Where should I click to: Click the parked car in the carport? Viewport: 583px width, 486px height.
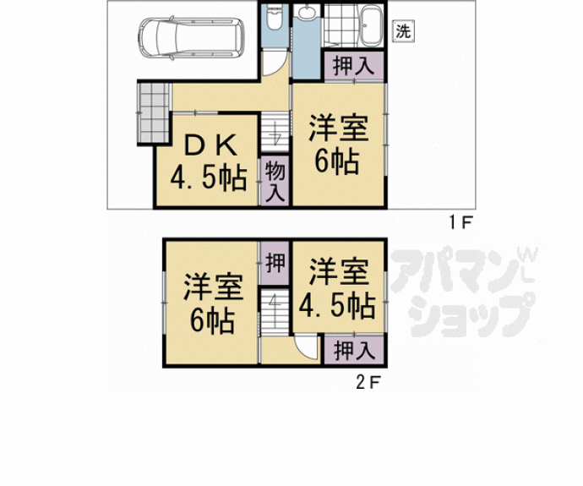pos(191,36)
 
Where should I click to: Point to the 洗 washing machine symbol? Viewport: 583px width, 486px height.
pos(404,32)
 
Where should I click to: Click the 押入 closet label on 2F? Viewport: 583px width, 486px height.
pos(343,348)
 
